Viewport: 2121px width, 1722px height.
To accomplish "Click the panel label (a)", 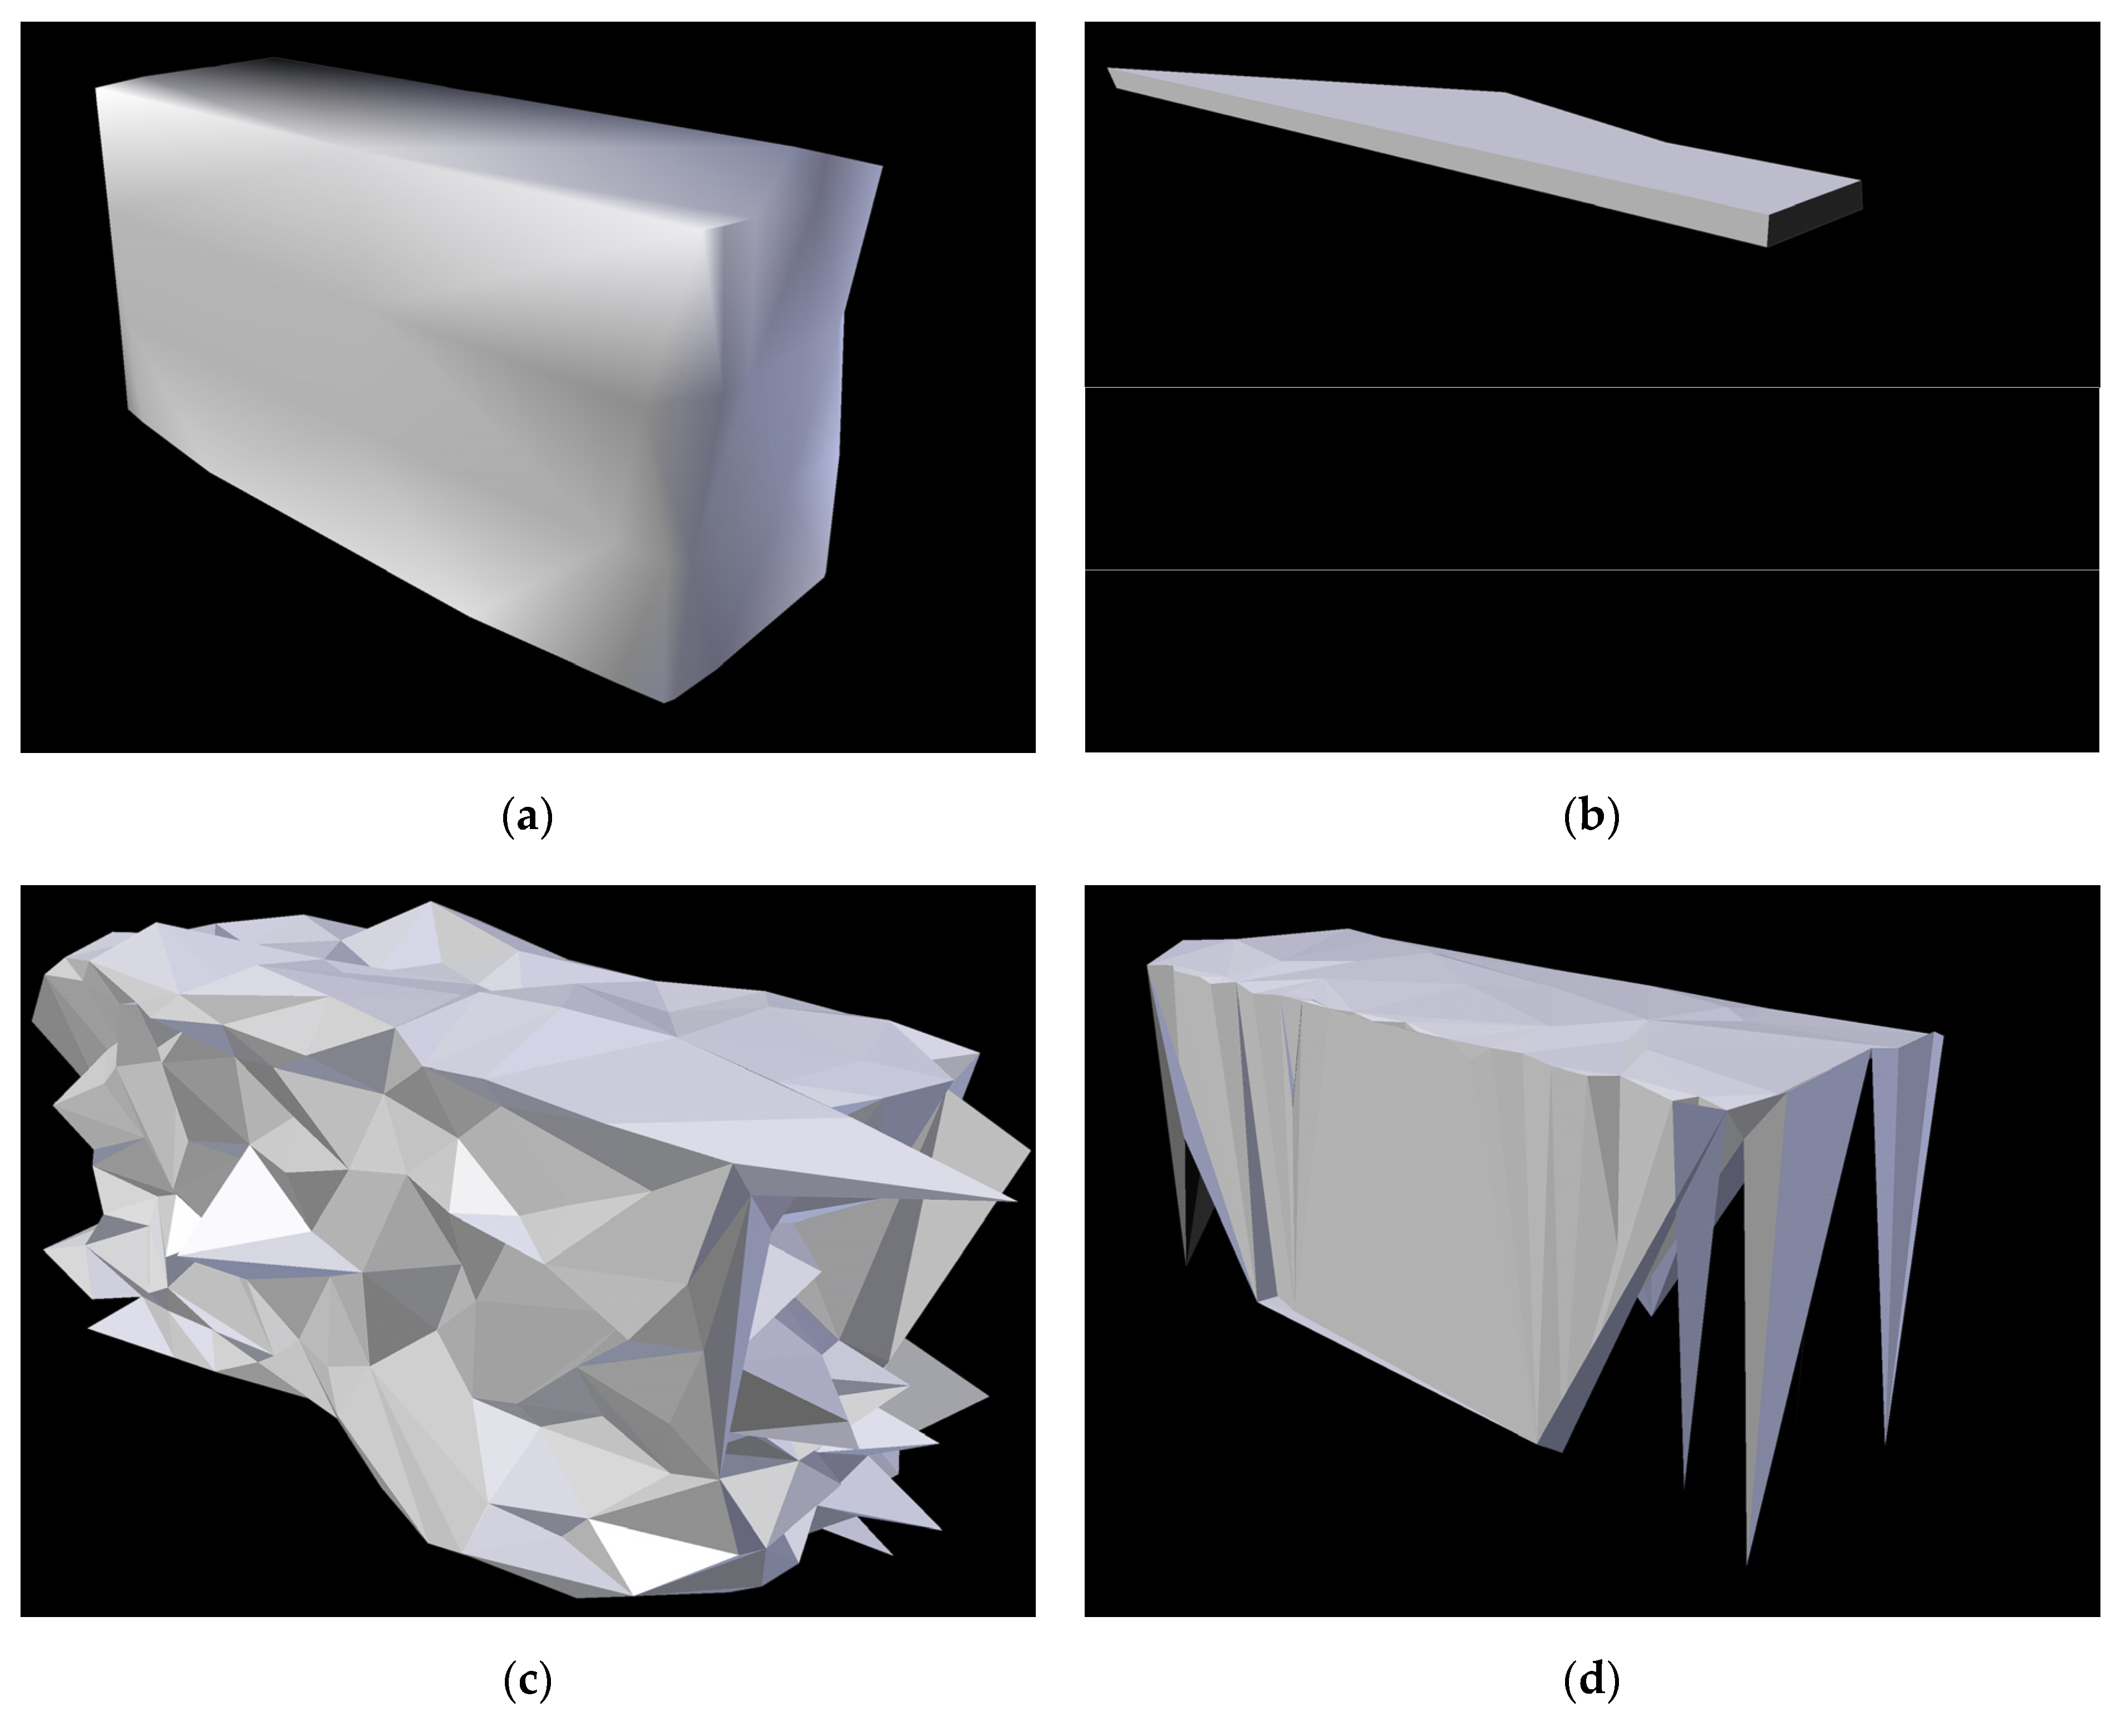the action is click(x=528, y=816).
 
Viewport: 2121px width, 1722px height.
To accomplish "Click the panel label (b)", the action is click(x=1591, y=816).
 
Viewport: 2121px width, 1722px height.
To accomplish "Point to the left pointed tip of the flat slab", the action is click(x=1108, y=68).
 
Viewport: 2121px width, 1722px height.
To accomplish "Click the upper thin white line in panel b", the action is click(x=1592, y=387).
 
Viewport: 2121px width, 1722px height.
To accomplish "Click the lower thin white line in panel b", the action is click(x=1592, y=569).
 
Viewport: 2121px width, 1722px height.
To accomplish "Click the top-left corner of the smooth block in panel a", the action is click(x=96, y=87).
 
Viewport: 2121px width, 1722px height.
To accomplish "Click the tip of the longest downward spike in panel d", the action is click(x=1747, y=1564).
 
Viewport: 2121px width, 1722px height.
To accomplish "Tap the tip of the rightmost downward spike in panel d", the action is click(x=1885, y=1443).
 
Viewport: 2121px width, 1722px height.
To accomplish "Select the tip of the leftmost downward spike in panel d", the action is click(x=1186, y=1265).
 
